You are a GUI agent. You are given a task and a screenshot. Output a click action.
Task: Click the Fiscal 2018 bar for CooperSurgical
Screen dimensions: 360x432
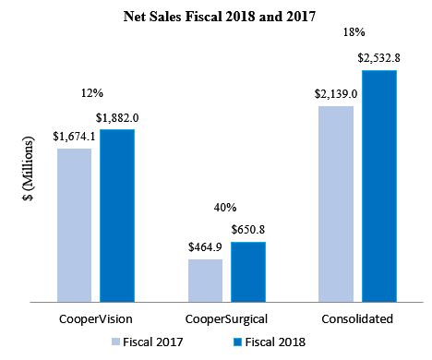pos(248,271)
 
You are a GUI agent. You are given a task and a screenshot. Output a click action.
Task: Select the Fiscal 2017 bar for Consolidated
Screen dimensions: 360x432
pos(336,203)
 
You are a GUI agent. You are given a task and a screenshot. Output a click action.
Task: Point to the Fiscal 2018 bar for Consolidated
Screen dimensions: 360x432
pos(378,185)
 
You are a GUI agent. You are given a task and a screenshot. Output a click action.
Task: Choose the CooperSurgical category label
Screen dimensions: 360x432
pos(226,318)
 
